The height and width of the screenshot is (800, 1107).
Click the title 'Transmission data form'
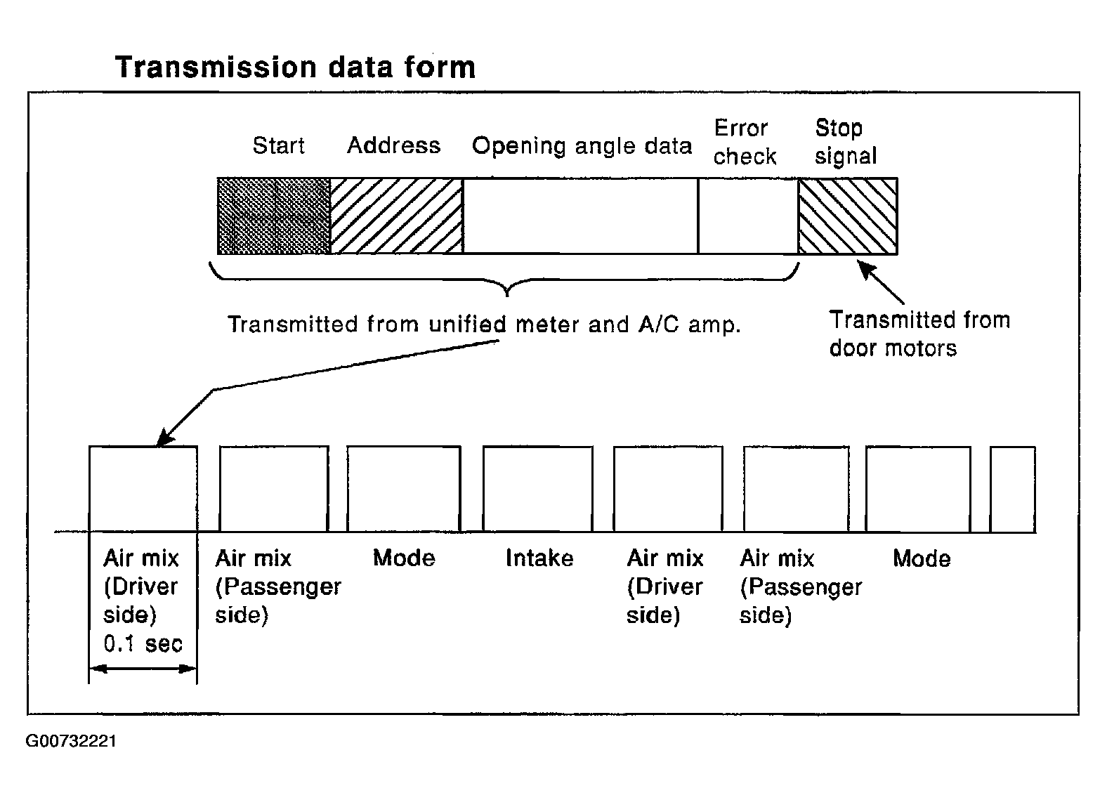click(296, 67)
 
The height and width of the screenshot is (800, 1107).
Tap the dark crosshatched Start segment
click(274, 216)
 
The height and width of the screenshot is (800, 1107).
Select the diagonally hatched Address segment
click(397, 216)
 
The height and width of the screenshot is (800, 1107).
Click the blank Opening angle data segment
click(581, 216)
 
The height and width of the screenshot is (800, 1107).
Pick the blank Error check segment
click(748, 216)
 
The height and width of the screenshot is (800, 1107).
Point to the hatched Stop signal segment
click(848, 216)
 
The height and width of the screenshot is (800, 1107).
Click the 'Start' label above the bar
click(279, 145)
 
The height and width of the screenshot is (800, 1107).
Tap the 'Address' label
click(394, 145)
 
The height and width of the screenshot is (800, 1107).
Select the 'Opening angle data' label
click(582, 146)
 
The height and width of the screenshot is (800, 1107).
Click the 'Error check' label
click(745, 143)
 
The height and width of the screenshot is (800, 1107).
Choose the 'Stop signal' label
click(846, 142)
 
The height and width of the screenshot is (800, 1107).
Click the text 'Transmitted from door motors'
click(919, 334)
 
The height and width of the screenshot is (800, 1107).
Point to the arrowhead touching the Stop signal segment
click(865, 268)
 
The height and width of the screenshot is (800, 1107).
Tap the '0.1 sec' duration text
click(143, 644)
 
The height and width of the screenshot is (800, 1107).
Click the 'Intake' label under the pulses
click(539, 558)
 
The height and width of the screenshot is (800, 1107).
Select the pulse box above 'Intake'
click(537, 489)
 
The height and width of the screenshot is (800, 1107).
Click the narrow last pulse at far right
click(1013, 489)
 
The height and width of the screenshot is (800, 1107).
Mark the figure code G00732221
click(71, 741)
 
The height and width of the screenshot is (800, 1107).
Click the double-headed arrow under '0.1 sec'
click(143, 669)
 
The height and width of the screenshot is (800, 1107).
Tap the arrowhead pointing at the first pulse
click(164, 438)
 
